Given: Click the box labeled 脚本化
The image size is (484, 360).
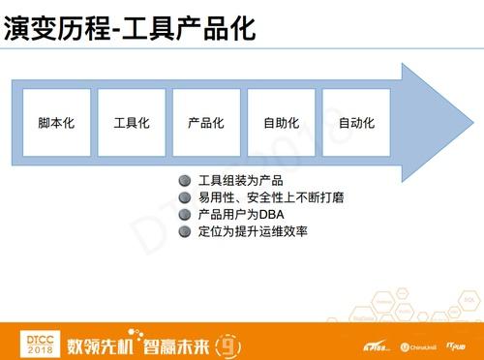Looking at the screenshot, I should tap(56, 123).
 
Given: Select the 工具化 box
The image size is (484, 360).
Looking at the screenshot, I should tap(131, 123).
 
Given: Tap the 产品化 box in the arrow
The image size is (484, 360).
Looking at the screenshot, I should tap(205, 123).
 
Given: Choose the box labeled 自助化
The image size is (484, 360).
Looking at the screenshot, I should tap(281, 123).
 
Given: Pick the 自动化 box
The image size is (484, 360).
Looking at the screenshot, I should tap(355, 123).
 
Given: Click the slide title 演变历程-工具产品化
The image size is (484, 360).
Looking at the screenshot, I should tap(130, 28).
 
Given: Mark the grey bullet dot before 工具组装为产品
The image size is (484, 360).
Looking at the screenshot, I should tap(184, 182).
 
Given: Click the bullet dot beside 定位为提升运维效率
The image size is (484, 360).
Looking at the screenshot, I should tap(184, 231).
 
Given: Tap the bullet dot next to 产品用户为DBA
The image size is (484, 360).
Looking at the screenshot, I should tap(184, 215).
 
